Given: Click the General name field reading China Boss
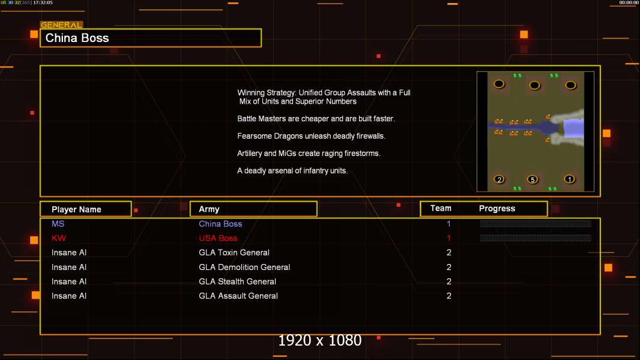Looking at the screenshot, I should [x=150, y=38].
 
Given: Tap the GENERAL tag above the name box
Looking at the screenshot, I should [x=61, y=25].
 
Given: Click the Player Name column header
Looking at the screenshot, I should [x=85, y=209].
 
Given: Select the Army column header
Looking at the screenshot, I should [x=253, y=209].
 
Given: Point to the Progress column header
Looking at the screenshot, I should [x=497, y=209].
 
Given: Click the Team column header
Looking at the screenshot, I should [x=441, y=208].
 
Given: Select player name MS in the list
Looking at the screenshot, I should [x=58, y=224].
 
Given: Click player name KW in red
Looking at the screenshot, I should [x=59, y=238].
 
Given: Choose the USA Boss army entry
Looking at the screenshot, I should [x=218, y=238].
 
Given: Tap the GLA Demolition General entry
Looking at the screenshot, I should [x=244, y=267].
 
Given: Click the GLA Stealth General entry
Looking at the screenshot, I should [x=237, y=281].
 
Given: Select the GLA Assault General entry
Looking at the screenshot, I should [x=238, y=296].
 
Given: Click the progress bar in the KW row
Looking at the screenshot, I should [x=536, y=238].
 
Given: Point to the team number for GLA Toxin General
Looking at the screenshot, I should [x=448, y=253].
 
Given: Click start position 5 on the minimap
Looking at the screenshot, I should [x=532, y=179].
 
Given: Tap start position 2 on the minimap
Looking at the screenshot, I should [x=499, y=179].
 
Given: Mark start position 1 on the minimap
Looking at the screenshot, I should [x=570, y=179].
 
